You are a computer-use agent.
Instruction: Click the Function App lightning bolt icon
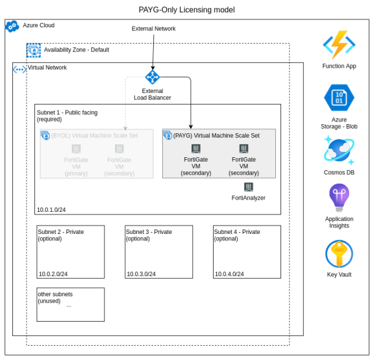pyautogui.click(x=339, y=45)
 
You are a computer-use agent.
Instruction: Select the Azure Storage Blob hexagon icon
pyautogui.click(x=339, y=97)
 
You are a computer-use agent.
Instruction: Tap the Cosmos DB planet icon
pyautogui.click(x=339, y=150)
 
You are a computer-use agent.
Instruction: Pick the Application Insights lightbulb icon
pyautogui.click(x=339, y=198)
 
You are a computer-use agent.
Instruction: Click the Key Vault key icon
pyautogui.click(x=339, y=254)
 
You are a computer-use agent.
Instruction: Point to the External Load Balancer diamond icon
pyautogui.click(x=153, y=77)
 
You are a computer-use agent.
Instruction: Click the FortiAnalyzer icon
pyautogui.click(x=249, y=187)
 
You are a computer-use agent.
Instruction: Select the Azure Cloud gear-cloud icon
pyautogui.click(x=12, y=26)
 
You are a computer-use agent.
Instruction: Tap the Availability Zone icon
pyautogui.click(x=33, y=51)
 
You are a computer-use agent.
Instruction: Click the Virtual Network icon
pyautogui.click(x=19, y=70)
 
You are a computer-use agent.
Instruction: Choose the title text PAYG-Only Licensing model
pyautogui.click(x=187, y=10)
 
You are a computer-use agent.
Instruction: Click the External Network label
pyautogui.click(x=154, y=29)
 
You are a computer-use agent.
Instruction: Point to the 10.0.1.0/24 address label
pyautogui.click(x=51, y=210)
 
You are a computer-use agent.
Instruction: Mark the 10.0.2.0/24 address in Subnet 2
pyautogui.click(x=53, y=274)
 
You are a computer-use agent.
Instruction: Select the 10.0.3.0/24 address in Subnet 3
pyautogui.click(x=141, y=274)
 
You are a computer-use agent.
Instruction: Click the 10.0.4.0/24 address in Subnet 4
pyautogui.click(x=229, y=274)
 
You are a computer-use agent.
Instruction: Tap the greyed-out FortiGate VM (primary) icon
pyautogui.click(x=76, y=149)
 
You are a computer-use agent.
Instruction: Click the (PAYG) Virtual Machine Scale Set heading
pyautogui.click(x=216, y=136)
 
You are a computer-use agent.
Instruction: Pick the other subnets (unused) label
pyautogui.click(x=55, y=298)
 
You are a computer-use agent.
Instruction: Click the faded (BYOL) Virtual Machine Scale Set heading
pyautogui.click(x=94, y=136)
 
